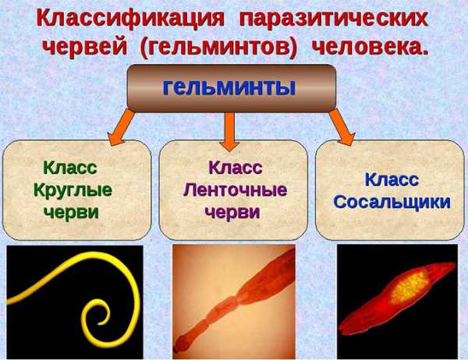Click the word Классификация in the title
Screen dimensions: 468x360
(130, 19)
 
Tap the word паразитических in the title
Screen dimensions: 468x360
(334, 19)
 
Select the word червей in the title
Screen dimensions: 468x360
(85, 47)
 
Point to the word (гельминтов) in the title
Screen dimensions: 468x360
(218, 48)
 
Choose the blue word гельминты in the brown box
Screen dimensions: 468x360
(229, 87)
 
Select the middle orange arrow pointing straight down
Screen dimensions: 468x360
(229, 131)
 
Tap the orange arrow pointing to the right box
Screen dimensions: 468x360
(342, 127)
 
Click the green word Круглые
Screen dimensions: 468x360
(73, 190)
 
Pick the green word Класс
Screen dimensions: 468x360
(70, 167)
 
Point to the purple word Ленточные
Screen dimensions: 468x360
(236, 190)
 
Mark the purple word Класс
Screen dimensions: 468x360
(236, 167)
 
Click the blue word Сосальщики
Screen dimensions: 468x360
(392, 202)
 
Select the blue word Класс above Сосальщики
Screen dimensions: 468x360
(392, 179)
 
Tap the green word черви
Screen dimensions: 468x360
(71, 212)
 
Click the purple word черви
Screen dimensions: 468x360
(232, 212)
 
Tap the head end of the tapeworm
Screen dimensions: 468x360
(179, 345)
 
